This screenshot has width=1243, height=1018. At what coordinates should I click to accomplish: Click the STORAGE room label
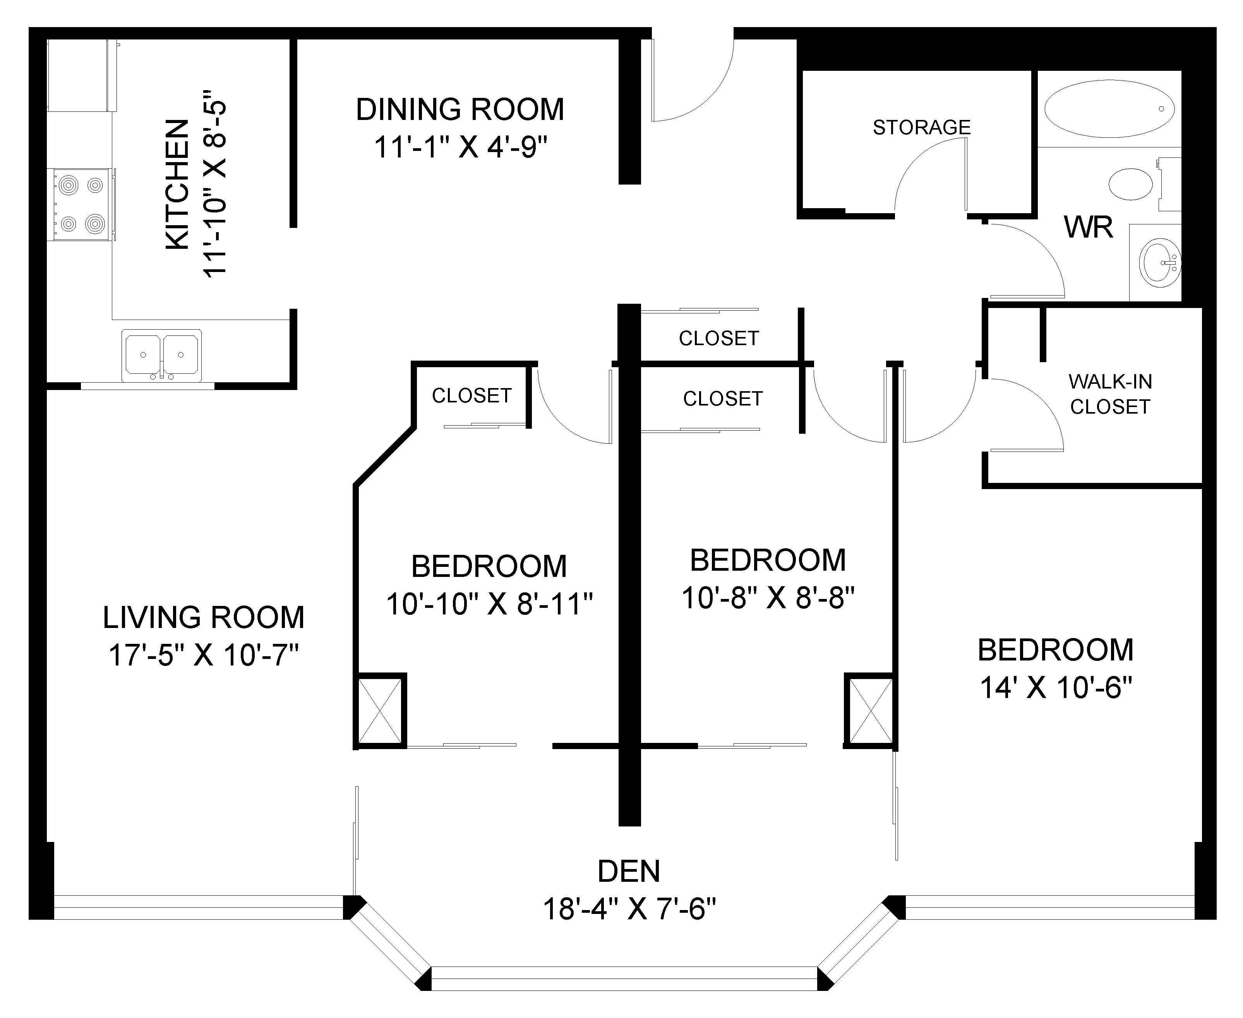coord(922,127)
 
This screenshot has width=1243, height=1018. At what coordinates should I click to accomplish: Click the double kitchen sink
coord(161,355)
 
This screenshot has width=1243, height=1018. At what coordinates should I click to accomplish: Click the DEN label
coord(629,871)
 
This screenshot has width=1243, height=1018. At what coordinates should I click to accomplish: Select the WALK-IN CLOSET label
coord(1110,394)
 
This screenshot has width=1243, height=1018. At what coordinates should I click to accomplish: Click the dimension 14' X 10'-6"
coord(1056,687)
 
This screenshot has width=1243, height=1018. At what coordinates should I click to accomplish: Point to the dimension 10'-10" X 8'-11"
coord(489,604)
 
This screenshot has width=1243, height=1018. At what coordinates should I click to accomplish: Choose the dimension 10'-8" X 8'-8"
coord(768,598)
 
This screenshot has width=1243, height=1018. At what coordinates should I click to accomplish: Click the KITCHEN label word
coord(178,184)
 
